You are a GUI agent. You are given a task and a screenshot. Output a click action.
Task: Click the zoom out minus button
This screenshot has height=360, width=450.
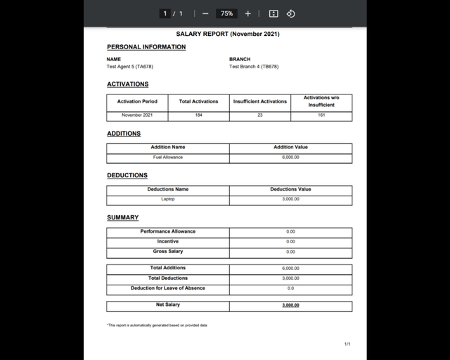coord(205,13)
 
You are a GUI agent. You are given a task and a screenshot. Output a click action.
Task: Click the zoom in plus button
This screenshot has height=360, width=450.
coord(247,13)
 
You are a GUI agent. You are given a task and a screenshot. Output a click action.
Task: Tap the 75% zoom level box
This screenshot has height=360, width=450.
coord(226,13)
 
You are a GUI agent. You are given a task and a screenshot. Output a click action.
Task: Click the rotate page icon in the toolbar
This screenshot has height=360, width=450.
coord(290,13)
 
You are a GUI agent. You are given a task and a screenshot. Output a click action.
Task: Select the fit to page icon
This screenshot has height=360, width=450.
coord(274,13)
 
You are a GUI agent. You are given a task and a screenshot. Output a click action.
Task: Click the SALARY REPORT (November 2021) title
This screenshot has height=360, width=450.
coord(227,34)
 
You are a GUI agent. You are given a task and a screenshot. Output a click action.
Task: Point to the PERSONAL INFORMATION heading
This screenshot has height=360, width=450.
coord(146,47)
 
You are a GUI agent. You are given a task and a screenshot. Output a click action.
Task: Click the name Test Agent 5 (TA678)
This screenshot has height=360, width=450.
coord(129,67)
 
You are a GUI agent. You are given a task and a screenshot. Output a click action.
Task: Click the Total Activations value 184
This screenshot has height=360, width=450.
coord(198,115)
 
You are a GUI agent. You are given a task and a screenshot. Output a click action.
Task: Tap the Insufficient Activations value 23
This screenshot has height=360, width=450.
coord(259,115)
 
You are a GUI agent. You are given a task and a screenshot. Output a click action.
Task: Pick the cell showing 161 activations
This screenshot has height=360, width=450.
coord(321,115)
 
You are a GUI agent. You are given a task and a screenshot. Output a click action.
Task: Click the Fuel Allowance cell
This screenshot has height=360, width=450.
coord(168,157)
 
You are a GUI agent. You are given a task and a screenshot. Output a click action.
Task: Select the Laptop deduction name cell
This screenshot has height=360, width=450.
coord(168,199)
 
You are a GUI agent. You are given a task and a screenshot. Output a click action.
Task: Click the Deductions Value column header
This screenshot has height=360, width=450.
coord(290,189)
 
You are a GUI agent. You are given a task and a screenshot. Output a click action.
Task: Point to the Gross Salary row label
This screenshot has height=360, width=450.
coord(168,252)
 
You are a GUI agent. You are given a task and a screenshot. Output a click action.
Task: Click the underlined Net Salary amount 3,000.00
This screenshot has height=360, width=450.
coord(290,305)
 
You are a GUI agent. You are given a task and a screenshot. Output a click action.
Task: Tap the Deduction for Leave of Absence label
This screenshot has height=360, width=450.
coord(168,288)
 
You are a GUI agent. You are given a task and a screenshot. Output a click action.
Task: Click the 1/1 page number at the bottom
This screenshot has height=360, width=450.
coord(347,344)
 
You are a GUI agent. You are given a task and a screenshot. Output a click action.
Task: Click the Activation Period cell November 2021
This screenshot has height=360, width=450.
coord(137,115)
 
